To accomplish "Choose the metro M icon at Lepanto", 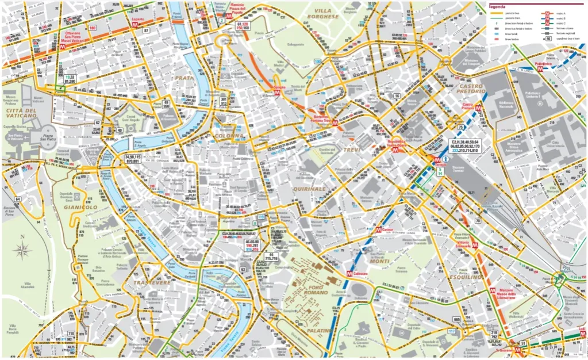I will click(137, 25).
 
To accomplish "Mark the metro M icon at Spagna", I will click(277, 91).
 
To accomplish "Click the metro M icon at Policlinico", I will click(540, 68).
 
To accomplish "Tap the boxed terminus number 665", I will click(457, 319).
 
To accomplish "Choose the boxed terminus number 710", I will click(71, 334).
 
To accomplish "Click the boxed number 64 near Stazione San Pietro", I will click(18, 199).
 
